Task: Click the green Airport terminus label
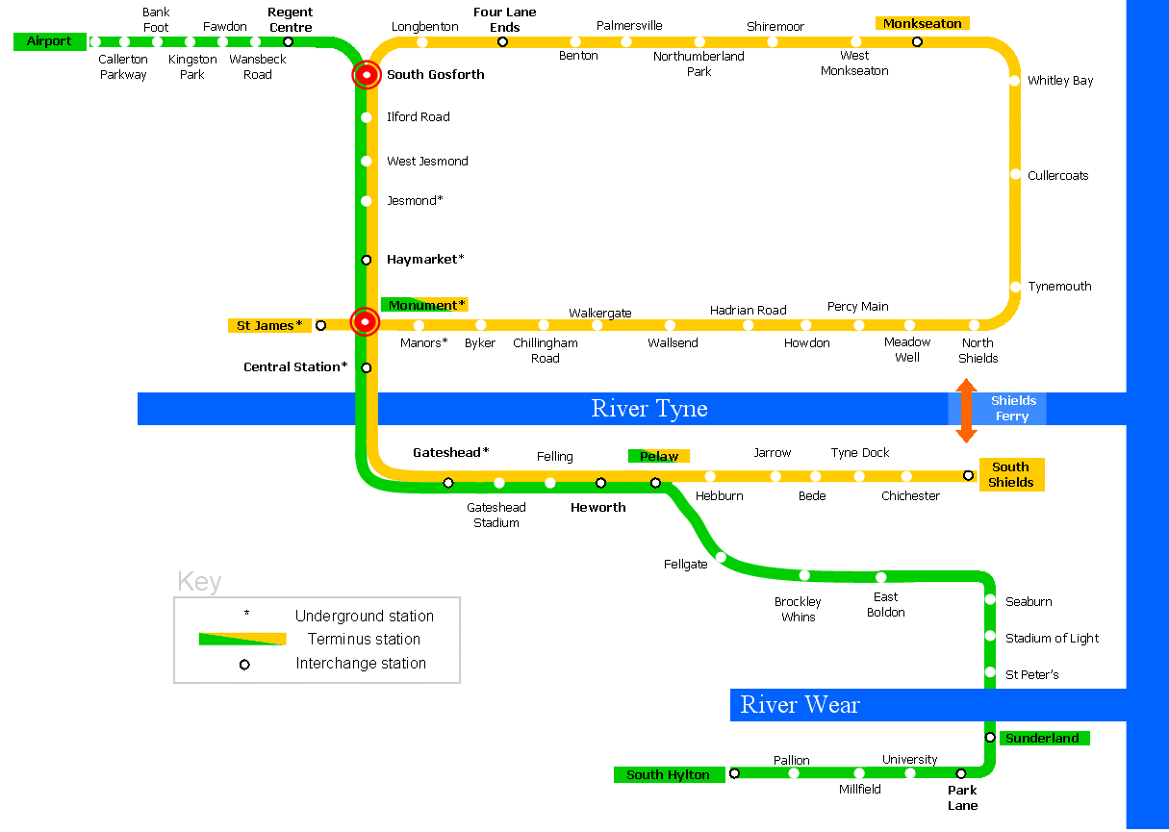49,41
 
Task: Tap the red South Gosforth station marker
367,75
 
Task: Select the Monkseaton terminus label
922,23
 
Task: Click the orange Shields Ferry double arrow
966,410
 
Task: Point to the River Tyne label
649,409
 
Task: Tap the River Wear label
800,705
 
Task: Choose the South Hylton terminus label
668,775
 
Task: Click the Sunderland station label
1042,739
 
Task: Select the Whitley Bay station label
1060,81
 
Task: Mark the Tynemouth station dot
1015,287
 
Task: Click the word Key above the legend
199,582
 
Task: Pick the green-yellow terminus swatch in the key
242,640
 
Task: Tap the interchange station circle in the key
244,665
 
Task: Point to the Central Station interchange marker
367,367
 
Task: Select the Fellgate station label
685,565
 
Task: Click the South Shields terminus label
1010,475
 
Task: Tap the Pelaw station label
659,457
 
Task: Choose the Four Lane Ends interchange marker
502,41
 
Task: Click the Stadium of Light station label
1052,639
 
